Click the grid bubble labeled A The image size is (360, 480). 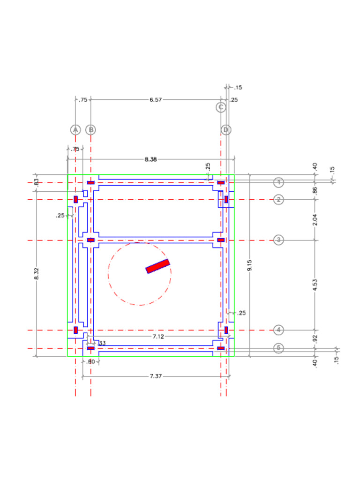point(75,129)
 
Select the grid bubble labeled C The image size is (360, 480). point(221,107)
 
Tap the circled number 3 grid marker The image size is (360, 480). point(279,240)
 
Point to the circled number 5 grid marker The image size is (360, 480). point(279,348)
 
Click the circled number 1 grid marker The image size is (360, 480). point(279,182)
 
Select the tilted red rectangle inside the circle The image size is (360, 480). point(157,266)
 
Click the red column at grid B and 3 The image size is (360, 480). point(91,240)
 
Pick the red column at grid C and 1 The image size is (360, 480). point(221,182)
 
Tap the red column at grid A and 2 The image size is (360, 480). point(75,199)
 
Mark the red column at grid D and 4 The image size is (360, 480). point(226,330)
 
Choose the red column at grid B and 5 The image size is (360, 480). point(91,348)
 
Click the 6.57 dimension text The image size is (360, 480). point(156,100)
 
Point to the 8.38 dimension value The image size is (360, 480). point(150,159)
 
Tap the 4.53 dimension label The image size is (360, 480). point(315,285)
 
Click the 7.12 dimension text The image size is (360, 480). point(158,337)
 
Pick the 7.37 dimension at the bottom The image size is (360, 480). point(155,376)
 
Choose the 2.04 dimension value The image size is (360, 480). point(315,219)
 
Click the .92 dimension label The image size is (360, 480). point(315,338)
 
